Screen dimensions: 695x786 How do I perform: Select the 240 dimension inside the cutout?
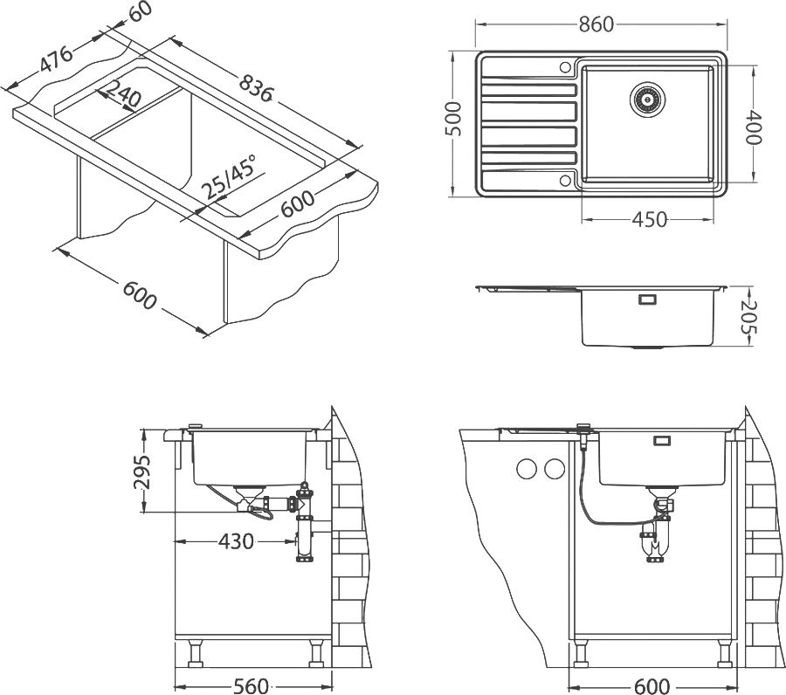(x=121, y=95)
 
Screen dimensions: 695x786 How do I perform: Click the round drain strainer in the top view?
(x=646, y=98)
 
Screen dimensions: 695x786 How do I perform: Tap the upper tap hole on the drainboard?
(x=564, y=66)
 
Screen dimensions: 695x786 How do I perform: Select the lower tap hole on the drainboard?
(x=564, y=180)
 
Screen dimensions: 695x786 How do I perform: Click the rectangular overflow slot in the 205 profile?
(x=648, y=299)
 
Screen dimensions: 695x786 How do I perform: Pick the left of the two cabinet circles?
(x=527, y=470)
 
